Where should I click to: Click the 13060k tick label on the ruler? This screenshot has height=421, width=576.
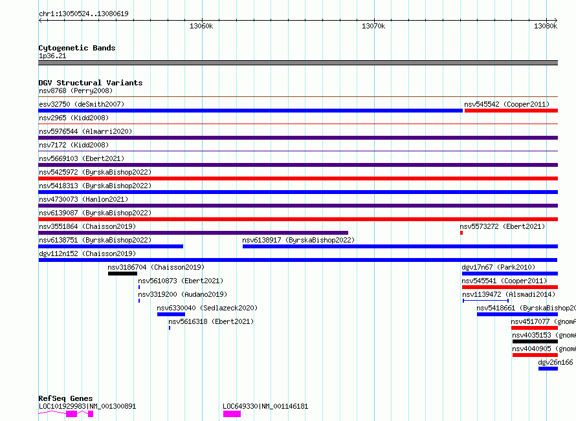tap(201, 26)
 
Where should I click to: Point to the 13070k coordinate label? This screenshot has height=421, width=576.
tap(373, 26)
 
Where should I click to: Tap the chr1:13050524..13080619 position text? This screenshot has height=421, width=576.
tap(83, 14)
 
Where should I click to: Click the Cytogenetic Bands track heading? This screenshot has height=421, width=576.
tap(77, 48)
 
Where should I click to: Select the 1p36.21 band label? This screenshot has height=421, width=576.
tap(52, 56)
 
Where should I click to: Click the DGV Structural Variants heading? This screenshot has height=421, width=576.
tap(91, 83)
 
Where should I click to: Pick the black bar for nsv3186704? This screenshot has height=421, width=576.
tap(123, 274)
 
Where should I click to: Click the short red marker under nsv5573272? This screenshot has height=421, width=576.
tap(461, 233)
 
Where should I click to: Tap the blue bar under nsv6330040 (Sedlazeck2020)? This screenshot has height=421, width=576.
tap(172, 314)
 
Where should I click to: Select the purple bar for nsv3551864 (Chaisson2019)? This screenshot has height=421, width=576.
tap(194, 233)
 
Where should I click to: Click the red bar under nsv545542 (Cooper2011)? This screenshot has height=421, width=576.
tap(511, 111)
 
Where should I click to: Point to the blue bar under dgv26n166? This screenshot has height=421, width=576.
tap(548, 369)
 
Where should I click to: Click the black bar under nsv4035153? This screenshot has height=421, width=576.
tap(535, 341)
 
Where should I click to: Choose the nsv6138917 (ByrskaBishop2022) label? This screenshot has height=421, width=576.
tap(298, 240)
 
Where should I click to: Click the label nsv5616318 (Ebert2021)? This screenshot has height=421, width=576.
tap(211, 321)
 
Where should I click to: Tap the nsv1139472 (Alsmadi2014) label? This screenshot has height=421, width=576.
tap(509, 294)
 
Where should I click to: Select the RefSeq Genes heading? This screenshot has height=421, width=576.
tap(66, 398)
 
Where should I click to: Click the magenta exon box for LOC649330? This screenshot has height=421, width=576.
tap(232, 414)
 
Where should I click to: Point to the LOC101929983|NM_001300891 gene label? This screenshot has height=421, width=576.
tap(87, 406)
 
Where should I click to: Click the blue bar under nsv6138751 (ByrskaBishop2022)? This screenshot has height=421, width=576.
tap(111, 246)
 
